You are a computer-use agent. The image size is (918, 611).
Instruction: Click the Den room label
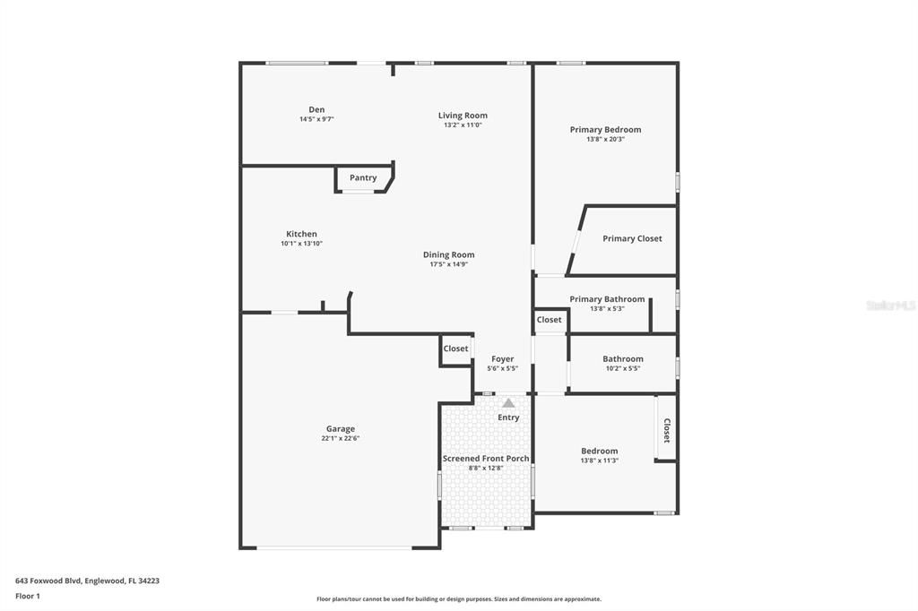click(x=316, y=109)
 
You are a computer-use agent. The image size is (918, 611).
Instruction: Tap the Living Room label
click(x=463, y=115)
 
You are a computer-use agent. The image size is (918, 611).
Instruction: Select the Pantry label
click(x=363, y=177)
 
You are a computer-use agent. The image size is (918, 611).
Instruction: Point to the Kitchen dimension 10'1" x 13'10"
click(x=301, y=244)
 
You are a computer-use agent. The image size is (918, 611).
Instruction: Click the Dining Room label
click(x=448, y=254)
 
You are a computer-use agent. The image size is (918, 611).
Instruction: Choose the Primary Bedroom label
click(x=605, y=129)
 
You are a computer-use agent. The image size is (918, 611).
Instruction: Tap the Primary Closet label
click(x=632, y=238)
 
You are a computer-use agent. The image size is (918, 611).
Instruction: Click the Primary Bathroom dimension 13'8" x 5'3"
click(x=607, y=309)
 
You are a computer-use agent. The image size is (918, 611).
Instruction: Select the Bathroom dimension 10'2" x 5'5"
click(x=622, y=368)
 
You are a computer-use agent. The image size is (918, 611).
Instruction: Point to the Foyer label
click(x=502, y=358)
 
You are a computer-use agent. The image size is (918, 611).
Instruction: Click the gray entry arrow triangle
click(x=508, y=403)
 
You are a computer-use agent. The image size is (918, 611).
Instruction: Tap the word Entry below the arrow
click(x=508, y=417)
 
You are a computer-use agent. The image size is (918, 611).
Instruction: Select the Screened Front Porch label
click(x=486, y=458)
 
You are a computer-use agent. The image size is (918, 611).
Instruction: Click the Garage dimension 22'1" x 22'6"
click(x=340, y=439)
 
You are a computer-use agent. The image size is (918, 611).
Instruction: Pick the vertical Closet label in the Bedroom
click(x=666, y=431)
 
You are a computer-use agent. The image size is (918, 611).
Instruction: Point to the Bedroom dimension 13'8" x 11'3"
click(x=599, y=460)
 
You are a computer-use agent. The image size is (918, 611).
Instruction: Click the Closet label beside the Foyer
click(x=455, y=349)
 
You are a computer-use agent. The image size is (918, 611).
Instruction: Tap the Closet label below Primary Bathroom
click(x=549, y=320)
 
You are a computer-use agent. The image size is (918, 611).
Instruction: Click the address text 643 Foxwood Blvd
click(x=50, y=581)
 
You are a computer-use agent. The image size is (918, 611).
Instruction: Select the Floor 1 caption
click(x=28, y=596)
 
